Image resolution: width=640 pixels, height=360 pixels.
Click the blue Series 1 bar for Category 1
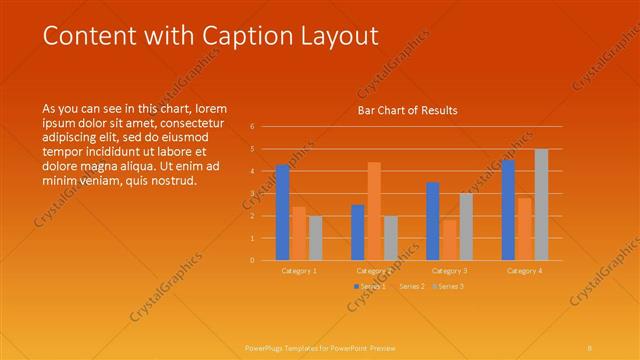pos(283,212)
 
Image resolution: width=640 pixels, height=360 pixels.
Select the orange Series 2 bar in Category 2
pos(374,211)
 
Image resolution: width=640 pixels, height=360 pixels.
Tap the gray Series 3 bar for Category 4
pos(541,204)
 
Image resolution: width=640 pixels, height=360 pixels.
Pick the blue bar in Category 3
pos(433,221)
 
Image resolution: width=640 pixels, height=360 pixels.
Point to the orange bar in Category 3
pos(449,240)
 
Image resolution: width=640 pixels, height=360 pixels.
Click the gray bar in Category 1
pos(316,238)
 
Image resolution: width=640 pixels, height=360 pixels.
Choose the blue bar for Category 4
pos(508,210)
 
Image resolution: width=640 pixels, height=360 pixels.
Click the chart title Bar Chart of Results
pos(407,111)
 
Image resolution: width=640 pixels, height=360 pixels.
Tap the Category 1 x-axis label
pos(299,270)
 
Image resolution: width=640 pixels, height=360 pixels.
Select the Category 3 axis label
pos(449,270)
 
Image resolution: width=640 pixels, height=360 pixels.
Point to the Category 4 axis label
pos(524,270)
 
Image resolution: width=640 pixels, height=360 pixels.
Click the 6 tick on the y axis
pos(252,127)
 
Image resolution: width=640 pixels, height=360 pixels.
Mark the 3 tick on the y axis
pos(252,194)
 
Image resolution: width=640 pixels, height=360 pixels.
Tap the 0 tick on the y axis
pos(252,261)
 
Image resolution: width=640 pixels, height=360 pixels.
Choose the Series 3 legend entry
pos(448,287)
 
